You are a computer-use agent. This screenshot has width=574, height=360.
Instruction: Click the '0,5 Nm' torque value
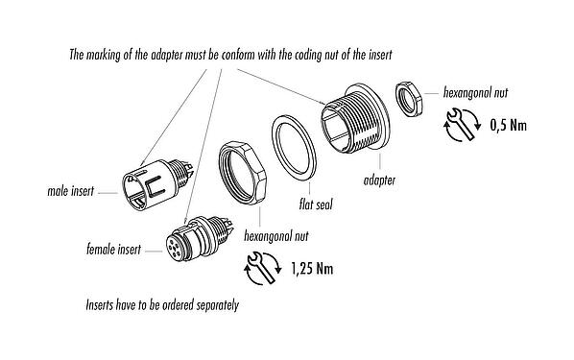click(x=510, y=125)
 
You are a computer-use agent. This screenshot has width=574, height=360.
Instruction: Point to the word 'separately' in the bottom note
click(x=210, y=307)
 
